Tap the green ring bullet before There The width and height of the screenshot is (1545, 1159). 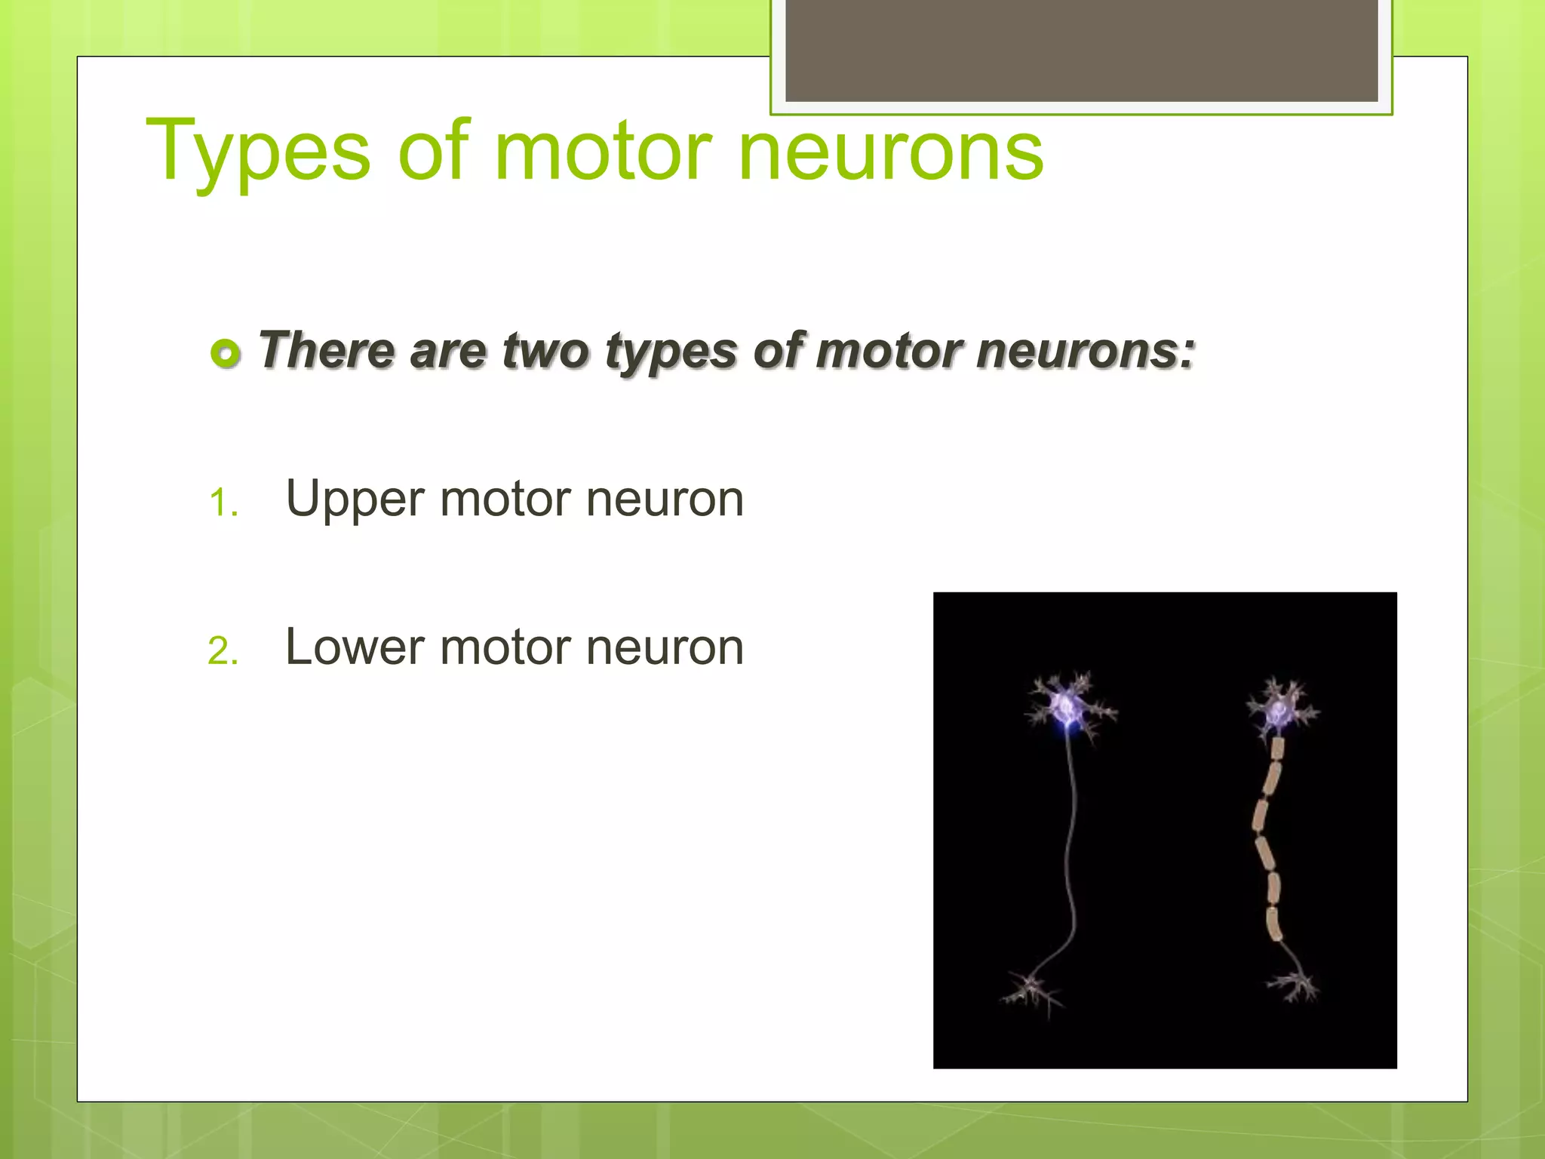coord(226,353)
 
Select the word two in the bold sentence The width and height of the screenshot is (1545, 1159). coord(545,351)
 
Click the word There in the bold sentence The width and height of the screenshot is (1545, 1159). coord(327,351)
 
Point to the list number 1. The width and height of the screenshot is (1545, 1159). coord(223,503)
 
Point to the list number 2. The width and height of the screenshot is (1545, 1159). coord(223,650)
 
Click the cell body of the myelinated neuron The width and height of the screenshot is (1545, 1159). coord(1279,710)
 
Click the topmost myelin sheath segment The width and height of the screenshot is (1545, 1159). coord(1276,749)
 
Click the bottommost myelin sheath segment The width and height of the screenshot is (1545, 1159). coord(1273,924)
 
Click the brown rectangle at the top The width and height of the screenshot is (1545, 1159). coord(1081,50)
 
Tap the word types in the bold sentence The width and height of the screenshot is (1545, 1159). coord(671,352)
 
